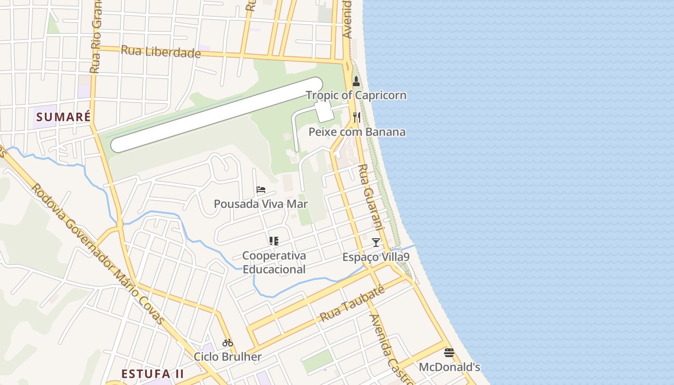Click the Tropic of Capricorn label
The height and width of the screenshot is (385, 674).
pyautogui.click(x=356, y=95)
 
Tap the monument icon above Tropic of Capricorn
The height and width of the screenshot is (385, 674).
pyautogui.click(x=356, y=81)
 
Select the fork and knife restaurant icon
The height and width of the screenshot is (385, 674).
pyautogui.click(x=357, y=117)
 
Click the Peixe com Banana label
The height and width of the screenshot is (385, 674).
pyautogui.click(x=357, y=132)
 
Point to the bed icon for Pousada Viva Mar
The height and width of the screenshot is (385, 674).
pyautogui.click(x=261, y=190)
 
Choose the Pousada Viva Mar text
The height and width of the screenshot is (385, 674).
pyautogui.click(x=261, y=204)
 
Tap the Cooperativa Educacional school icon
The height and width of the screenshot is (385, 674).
pyautogui.click(x=274, y=241)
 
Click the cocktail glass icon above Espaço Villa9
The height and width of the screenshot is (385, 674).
pyautogui.click(x=376, y=242)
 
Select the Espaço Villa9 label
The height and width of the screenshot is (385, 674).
pyautogui.click(x=376, y=257)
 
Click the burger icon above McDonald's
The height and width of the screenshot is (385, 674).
pyautogui.click(x=449, y=353)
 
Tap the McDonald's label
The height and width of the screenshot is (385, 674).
pyautogui.click(x=449, y=367)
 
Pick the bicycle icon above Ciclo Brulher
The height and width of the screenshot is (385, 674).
pyautogui.click(x=228, y=343)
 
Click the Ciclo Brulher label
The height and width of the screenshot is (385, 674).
pyautogui.click(x=228, y=357)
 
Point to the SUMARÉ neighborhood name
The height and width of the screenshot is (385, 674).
pyautogui.click(x=64, y=117)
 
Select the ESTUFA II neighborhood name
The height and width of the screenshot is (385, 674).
pyautogui.click(x=153, y=374)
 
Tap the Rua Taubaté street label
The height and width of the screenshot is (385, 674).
pyautogui.click(x=353, y=303)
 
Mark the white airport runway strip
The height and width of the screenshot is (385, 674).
pyautogui.click(x=217, y=115)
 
